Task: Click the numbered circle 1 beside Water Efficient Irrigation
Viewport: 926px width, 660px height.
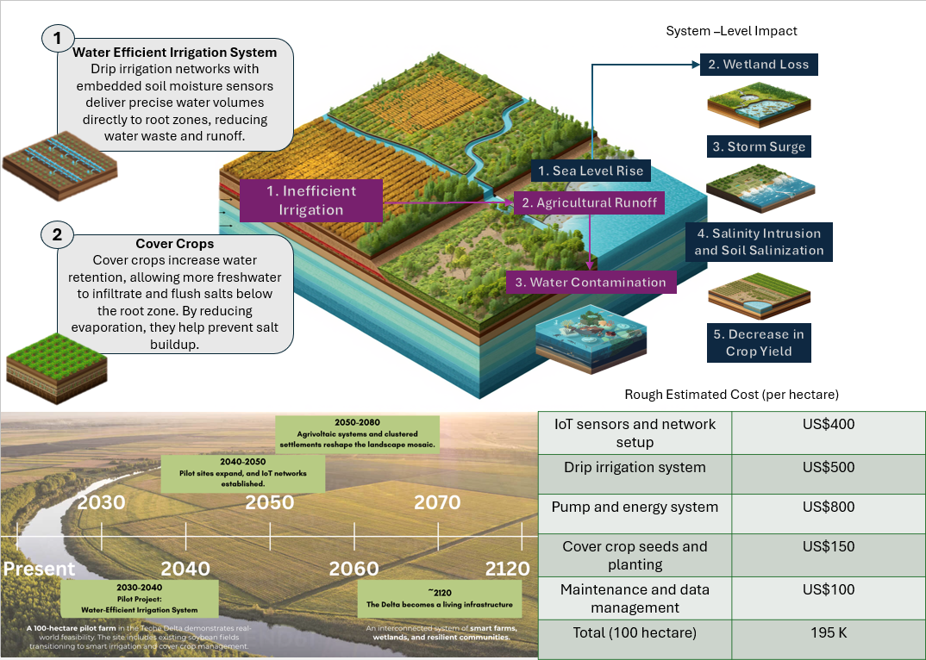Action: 58,38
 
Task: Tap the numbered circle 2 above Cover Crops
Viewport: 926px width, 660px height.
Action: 58,233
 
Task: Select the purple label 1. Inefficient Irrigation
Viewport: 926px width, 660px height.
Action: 310,200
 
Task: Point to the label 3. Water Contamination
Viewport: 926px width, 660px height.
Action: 591,282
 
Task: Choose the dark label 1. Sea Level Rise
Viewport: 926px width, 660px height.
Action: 591,171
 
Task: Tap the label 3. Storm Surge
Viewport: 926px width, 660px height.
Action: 759,146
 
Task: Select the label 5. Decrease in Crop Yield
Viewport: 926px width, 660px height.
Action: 759,342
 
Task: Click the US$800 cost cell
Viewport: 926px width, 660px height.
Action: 828,507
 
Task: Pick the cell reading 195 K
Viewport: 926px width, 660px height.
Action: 828,632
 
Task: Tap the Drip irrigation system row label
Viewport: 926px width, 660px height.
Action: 635,467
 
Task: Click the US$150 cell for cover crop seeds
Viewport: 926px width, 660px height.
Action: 828,546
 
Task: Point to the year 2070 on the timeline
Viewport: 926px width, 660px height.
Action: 437,501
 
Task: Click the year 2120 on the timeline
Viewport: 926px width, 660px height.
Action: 507,569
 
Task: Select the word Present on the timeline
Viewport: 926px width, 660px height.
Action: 39,569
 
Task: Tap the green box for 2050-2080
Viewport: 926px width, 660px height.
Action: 357,434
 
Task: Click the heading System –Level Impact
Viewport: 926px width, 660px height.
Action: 731,31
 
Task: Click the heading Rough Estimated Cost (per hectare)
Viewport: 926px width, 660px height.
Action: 731,395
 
